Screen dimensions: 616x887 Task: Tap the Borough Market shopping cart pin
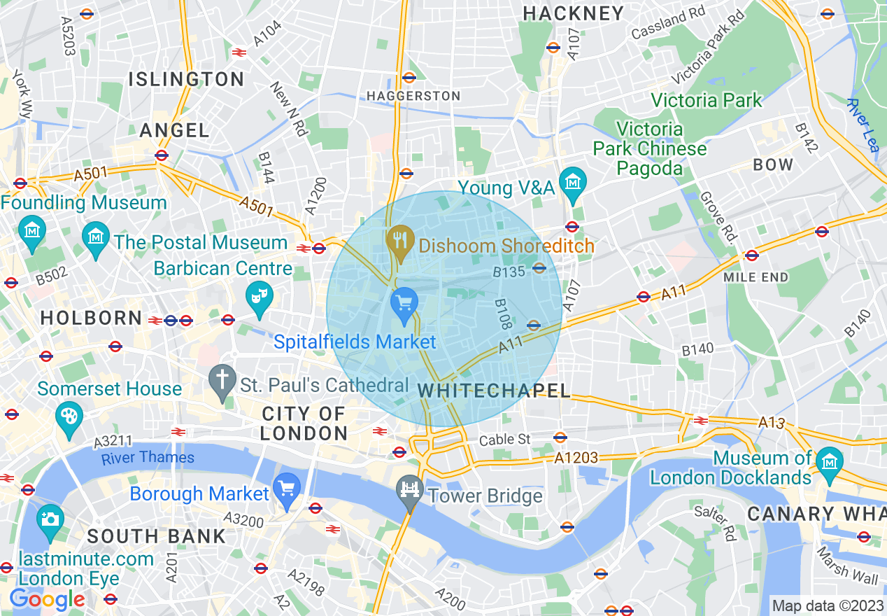point(286,488)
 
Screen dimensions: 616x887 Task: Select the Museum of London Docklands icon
point(830,463)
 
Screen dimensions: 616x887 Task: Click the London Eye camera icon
point(50,520)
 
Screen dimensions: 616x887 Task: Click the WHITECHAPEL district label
point(494,391)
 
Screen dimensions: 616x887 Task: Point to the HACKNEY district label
point(573,13)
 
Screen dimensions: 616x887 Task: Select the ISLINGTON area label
point(186,79)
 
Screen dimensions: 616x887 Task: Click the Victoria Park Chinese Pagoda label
point(649,148)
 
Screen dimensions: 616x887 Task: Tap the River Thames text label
point(148,458)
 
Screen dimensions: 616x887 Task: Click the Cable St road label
point(505,440)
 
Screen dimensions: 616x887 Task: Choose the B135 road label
point(509,272)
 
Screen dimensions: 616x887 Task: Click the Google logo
point(46,599)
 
